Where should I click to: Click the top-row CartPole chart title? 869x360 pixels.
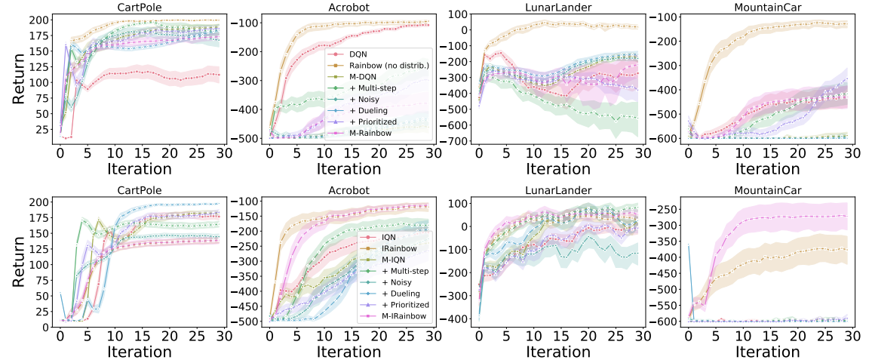(x=142, y=7)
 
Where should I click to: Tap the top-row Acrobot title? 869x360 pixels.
(x=351, y=7)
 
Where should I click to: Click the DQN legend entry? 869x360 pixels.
(x=356, y=54)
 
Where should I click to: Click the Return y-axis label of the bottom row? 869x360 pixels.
(x=21, y=260)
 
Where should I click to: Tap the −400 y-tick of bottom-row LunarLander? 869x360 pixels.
(x=459, y=319)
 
